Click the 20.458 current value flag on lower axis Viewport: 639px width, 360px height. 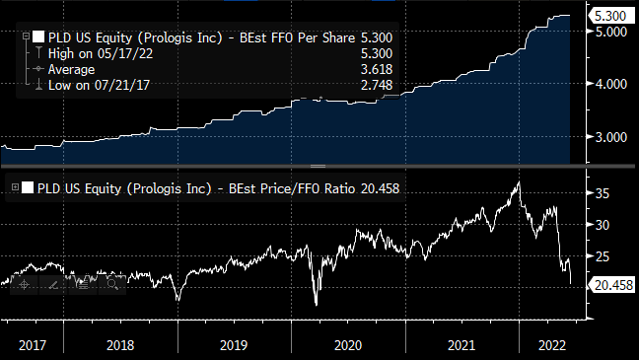(x=613, y=285)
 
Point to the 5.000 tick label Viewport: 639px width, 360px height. (x=611, y=32)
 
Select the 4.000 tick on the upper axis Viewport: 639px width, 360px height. (x=611, y=84)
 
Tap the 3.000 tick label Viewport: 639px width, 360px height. (x=611, y=137)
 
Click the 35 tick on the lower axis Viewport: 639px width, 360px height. (x=603, y=193)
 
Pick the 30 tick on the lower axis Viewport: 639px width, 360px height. (x=603, y=225)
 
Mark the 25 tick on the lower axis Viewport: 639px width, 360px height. (x=603, y=256)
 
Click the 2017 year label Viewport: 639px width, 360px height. (x=33, y=346)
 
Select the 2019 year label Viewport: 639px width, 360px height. (x=234, y=346)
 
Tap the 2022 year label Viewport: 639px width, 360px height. (x=552, y=346)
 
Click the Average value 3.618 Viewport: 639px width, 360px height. (x=377, y=69)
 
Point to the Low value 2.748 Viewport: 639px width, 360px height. (x=377, y=85)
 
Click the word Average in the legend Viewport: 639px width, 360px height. (x=71, y=70)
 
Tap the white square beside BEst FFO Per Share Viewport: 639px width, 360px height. (x=38, y=37)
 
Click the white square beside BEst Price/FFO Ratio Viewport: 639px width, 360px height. (x=28, y=187)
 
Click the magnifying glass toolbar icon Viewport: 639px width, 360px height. (x=112, y=284)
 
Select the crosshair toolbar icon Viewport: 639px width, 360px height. (x=24, y=284)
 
